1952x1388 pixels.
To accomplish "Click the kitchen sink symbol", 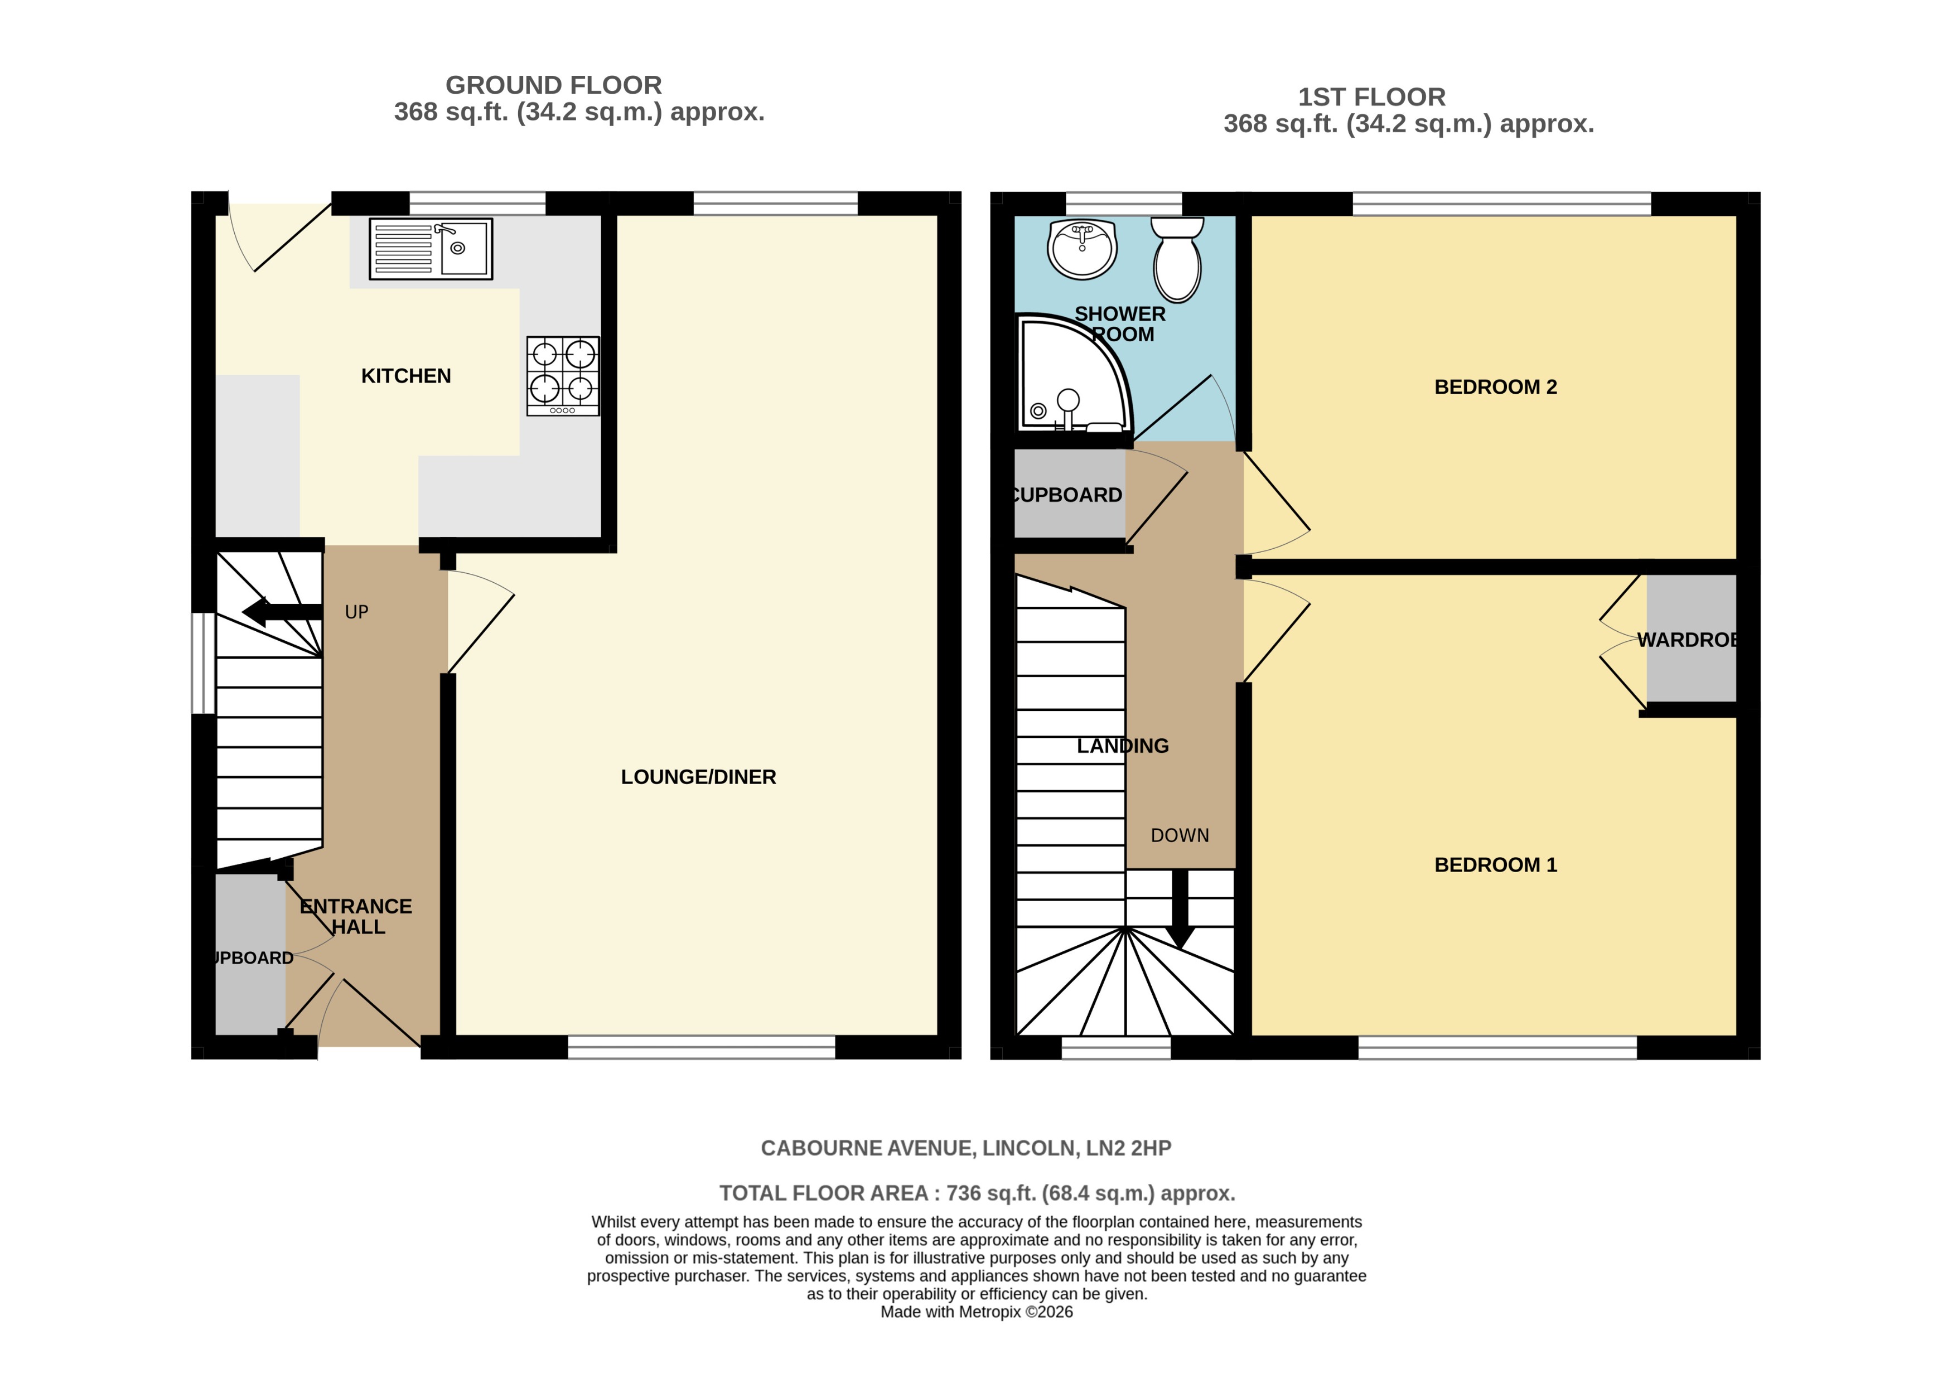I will (x=431, y=249).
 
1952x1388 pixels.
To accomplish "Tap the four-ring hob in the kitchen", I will (x=562, y=375).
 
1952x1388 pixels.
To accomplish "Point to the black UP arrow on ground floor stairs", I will (x=282, y=612).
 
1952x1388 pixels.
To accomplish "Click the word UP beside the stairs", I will (x=356, y=612).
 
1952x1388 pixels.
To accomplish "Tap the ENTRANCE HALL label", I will (x=356, y=916).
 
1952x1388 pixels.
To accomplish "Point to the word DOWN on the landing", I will (x=1180, y=835).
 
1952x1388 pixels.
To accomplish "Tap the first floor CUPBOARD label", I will (x=1066, y=495).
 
